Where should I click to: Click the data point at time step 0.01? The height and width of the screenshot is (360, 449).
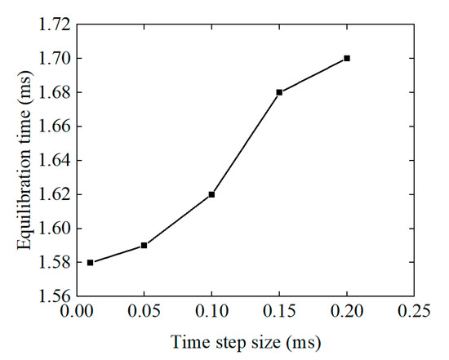(x=90, y=262)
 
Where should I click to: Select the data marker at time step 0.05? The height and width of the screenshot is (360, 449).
(x=144, y=245)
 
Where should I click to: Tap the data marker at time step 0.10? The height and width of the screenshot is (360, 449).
(x=211, y=194)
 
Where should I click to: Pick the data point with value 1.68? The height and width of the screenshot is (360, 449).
(x=279, y=92)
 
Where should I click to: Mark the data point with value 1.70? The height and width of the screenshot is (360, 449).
(x=347, y=58)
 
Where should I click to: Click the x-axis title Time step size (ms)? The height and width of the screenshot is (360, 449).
(x=246, y=340)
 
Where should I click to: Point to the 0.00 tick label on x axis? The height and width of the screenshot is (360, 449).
(x=77, y=312)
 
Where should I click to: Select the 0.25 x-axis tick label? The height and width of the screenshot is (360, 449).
(x=414, y=312)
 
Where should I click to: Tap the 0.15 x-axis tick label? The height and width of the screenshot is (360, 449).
(x=279, y=312)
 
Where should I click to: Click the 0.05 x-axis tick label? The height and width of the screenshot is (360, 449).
(x=144, y=312)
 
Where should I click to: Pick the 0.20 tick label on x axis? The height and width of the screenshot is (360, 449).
(x=347, y=312)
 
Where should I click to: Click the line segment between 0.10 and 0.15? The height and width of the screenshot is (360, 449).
(x=245, y=144)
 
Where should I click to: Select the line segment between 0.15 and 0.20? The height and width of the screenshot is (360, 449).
(x=313, y=75)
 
